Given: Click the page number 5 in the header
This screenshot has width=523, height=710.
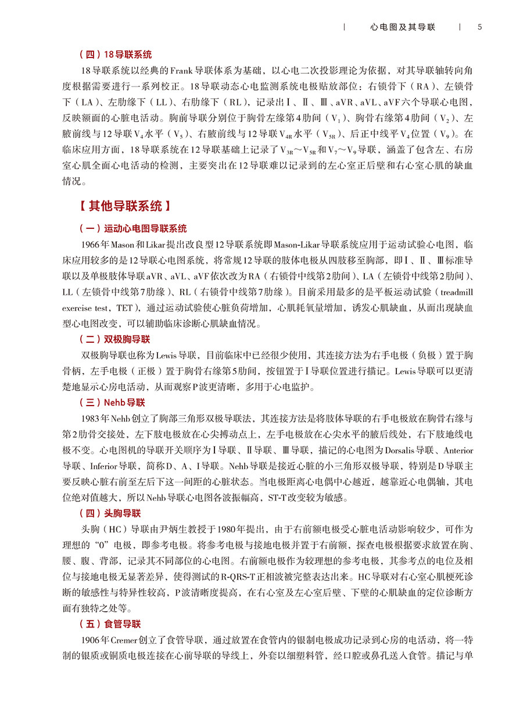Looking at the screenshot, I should pyautogui.click(x=479, y=27).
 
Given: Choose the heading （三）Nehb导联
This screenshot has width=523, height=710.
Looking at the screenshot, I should pyautogui.click(x=112, y=402).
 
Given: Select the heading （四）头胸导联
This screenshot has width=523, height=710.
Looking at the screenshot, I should pyautogui.click(x=110, y=513).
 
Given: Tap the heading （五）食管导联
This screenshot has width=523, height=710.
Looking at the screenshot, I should pyautogui.click(x=110, y=624).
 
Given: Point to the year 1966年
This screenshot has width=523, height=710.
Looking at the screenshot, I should pyautogui.click(x=94, y=245).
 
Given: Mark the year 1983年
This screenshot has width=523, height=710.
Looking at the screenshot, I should pyautogui.click(x=94, y=419).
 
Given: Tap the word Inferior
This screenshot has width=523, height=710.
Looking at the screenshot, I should pyautogui.click(x=109, y=466).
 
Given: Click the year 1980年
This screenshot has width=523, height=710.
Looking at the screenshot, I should pyautogui.click(x=232, y=529).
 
